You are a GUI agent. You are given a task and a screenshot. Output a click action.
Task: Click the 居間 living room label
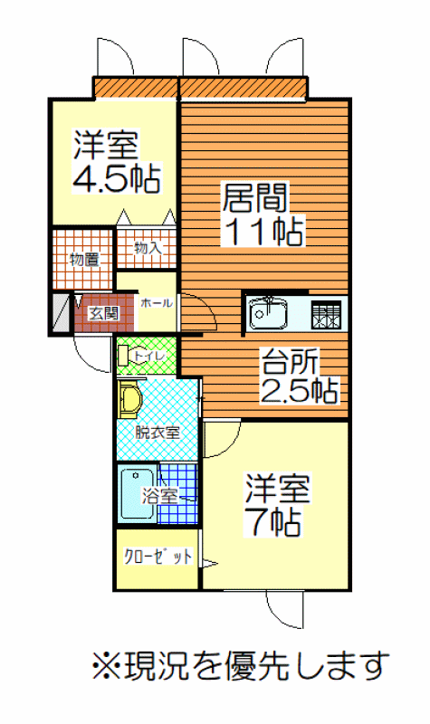click(255, 197)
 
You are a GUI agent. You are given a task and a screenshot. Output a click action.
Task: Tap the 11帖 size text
click(263, 231)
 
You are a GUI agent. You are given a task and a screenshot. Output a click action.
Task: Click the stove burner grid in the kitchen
click(327, 314)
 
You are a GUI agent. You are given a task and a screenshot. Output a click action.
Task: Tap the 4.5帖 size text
click(117, 178)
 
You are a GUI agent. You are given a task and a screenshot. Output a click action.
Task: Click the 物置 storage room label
click(84, 260)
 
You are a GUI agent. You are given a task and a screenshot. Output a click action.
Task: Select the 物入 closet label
click(148, 248)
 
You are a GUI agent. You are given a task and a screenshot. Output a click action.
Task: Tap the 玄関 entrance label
click(104, 314)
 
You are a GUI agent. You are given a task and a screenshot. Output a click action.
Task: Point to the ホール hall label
click(157, 303)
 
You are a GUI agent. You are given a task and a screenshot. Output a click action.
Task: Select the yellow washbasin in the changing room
click(130, 399)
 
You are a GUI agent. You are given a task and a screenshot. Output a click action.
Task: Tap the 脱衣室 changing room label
click(157, 433)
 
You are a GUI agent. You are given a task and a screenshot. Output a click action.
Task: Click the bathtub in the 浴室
click(137, 494)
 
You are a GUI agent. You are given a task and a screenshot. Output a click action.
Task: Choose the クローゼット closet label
click(158, 557)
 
